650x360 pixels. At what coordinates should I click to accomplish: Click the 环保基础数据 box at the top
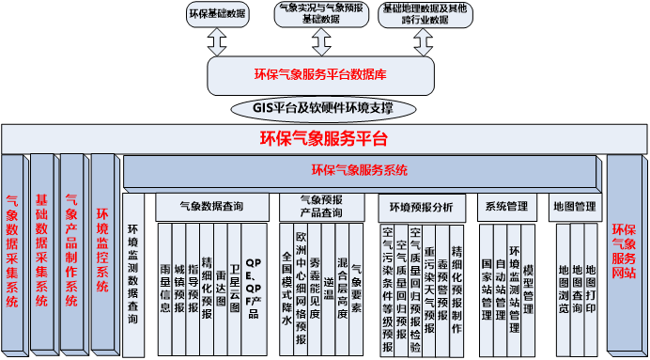(218, 15)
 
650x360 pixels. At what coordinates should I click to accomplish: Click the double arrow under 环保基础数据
(218, 40)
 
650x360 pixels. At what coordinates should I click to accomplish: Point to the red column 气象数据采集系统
(13, 251)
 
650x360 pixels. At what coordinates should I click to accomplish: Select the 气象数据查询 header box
(211, 205)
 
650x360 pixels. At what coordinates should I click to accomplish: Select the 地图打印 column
(591, 281)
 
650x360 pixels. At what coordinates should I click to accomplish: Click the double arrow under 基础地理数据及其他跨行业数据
(419, 40)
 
